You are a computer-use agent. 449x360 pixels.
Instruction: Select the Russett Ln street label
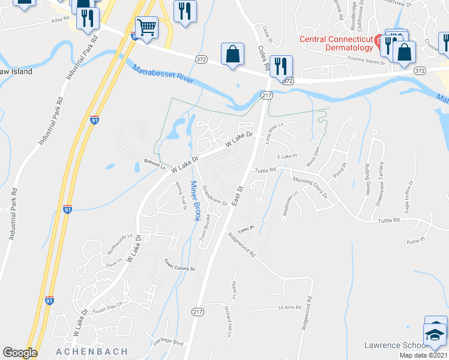155,164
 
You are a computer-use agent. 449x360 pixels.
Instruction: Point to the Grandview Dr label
214,195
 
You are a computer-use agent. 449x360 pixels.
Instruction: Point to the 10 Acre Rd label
289,308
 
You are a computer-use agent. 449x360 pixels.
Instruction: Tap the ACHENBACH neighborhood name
92,351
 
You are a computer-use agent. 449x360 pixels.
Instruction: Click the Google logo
20,353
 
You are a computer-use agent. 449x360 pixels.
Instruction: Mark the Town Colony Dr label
179,265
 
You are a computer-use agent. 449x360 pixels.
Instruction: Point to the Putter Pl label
415,241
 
